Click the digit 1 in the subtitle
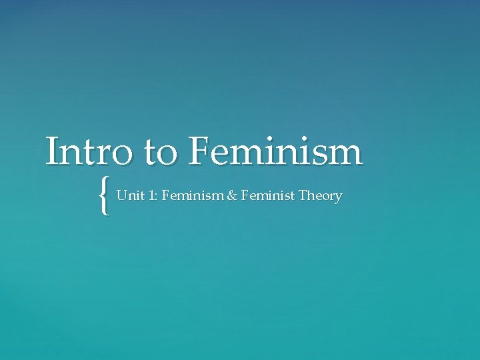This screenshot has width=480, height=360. click(150, 196)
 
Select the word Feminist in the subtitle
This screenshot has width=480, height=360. click(267, 196)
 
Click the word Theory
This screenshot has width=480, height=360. click(321, 197)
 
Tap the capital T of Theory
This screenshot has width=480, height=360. click(303, 196)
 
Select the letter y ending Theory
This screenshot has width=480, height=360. click(339, 198)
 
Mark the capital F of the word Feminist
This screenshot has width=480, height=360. click(245, 196)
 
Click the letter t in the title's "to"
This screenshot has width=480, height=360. click(152, 153)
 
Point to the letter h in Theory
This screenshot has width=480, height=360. click(311, 196)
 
